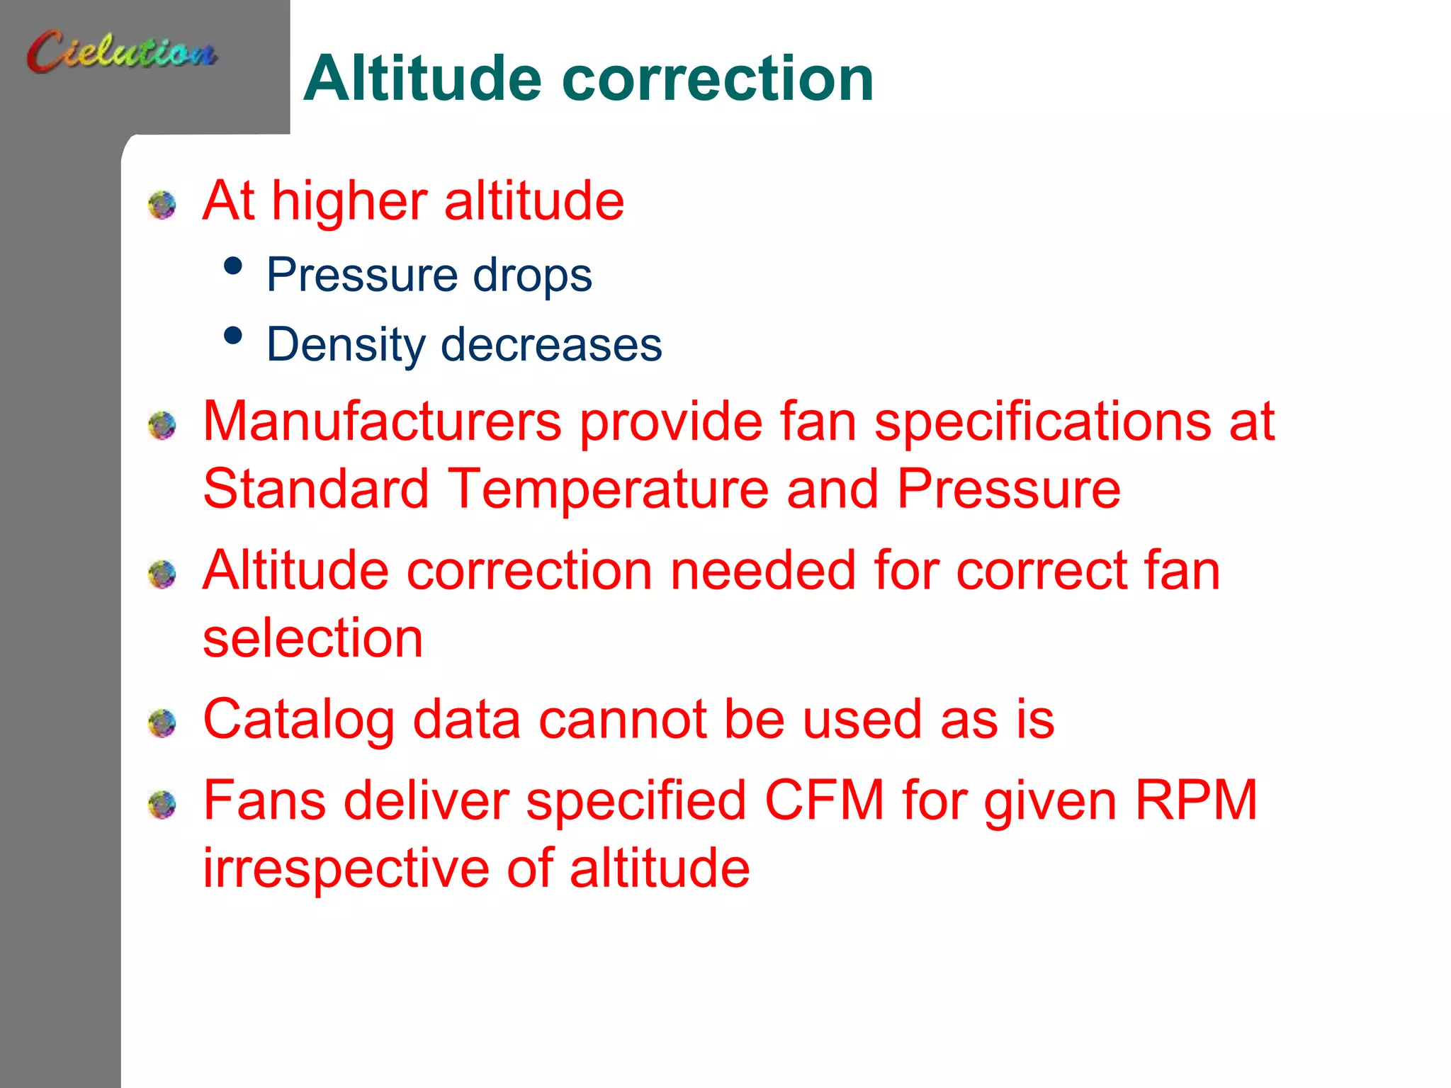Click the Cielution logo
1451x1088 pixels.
(x=122, y=51)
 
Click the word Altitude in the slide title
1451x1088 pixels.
(x=422, y=79)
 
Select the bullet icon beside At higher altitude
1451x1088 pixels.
(x=162, y=205)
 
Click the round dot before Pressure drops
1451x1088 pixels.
(x=232, y=266)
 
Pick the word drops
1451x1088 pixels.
(x=532, y=275)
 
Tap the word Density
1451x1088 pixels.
(x=345, y=346)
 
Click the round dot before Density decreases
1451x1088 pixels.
(x=232, y=336)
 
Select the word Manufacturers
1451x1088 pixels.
(x=382, y=421)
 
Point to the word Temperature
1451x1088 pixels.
(x=608, y=489)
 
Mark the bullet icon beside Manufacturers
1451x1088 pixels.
(x=162, y=426)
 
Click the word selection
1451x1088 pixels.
(x=312, y=637)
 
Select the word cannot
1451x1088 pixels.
(x=622, y=720)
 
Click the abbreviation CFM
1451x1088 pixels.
(x=824, y=800)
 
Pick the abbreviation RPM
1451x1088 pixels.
(x=1195, y=800)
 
